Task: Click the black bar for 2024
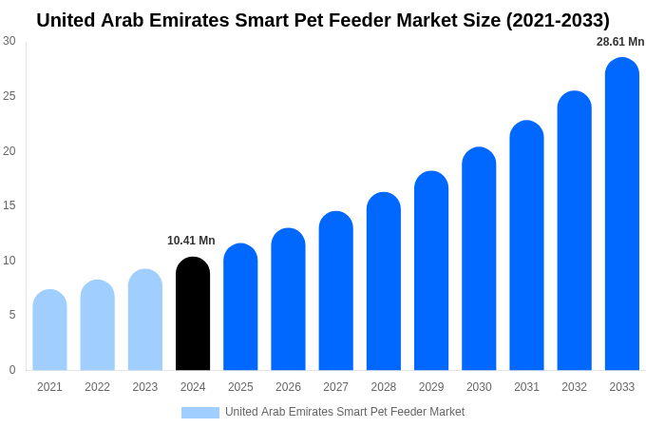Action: coord(193,314)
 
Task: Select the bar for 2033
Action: coord(621,214)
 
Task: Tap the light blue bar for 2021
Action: coord(49,330)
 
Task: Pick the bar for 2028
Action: coord(384,282)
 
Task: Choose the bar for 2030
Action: coord(479,259)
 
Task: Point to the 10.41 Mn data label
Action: coord(191,241)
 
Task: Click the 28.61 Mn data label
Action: coord(620,42)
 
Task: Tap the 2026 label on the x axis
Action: coord(288,387)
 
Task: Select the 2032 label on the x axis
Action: coord(574,387)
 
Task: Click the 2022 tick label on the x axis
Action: coord(97,387)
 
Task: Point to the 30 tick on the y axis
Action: coord(9,41)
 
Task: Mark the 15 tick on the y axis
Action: coord(9,205)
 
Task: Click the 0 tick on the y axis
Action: coord(12,370)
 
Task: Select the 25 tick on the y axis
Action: coord(9,96)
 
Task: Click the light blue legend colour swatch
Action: coord(200,413)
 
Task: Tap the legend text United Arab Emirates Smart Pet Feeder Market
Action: coord(345,412)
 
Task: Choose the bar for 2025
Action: coord(240,307)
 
